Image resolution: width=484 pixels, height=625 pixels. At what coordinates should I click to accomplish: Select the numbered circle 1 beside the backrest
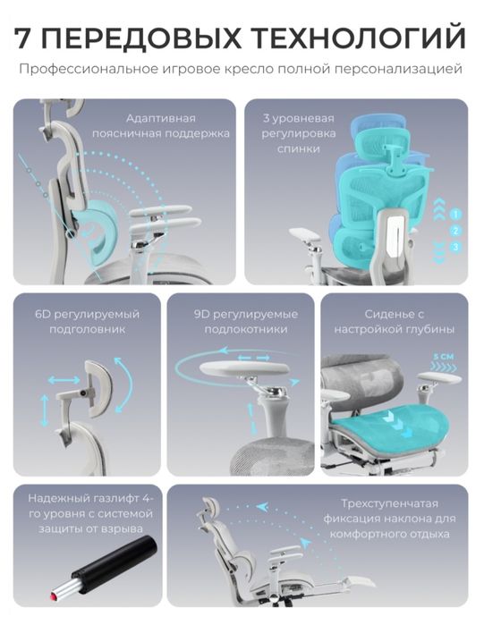tap(455, 214)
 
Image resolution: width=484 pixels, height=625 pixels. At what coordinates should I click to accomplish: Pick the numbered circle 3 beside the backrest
tap(455, 247)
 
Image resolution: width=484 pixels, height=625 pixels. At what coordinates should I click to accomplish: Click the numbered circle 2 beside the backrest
tap(455, 231)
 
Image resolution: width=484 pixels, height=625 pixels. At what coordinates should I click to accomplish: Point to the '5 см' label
tap(444, 357)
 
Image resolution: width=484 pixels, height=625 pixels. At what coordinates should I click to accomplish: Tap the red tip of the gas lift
tap(53, 595)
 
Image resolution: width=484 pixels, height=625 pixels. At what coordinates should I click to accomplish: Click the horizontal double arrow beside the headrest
tap(64, 380)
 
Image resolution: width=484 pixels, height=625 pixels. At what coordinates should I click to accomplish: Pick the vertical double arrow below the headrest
tap(44, 410)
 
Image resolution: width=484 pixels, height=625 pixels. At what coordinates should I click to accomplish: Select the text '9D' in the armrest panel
tap(201, 314)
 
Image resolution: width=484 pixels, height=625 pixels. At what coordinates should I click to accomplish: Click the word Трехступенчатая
tap(389, 503)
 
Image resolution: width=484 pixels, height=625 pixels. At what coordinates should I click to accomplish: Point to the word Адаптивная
tap(161, 118)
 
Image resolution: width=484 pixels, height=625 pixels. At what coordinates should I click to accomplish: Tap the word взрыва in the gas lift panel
tap(123, 529)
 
